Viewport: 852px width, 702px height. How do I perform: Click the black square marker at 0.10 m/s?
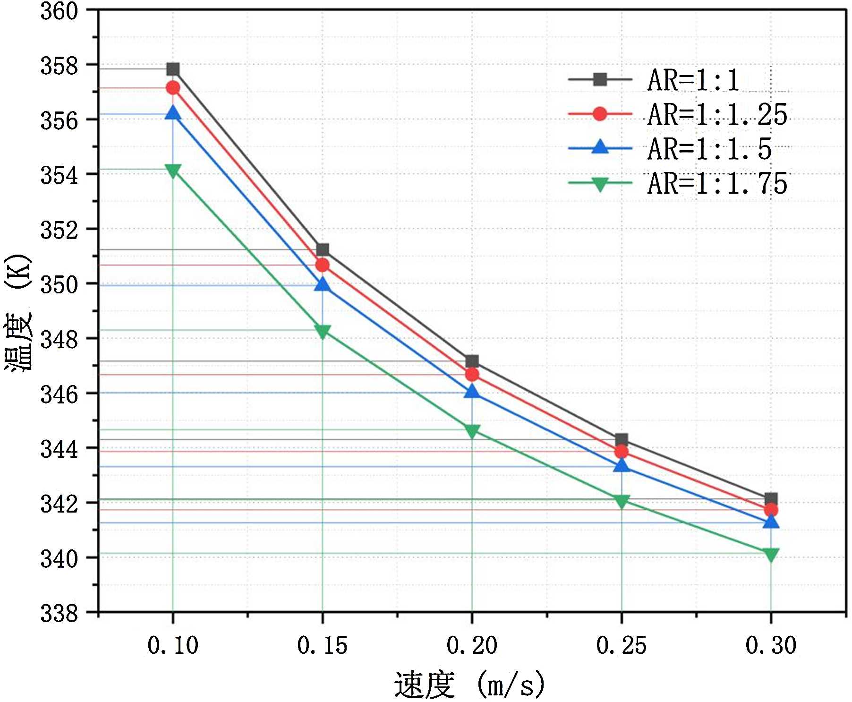click(173, 69)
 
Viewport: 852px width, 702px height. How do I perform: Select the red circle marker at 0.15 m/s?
click(323, 265)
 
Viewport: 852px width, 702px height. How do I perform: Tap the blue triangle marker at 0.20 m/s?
click(472, 392)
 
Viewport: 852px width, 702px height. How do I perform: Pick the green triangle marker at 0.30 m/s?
click(771, 555)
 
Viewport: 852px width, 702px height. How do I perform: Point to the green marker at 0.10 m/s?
click(173, 171)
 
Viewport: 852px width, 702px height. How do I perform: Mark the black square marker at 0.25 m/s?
click(622, 440)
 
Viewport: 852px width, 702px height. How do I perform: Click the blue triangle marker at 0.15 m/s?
click(323, 284)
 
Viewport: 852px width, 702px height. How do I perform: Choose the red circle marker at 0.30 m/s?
click(771, 510)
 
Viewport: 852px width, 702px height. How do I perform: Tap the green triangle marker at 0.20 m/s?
click(472, 431)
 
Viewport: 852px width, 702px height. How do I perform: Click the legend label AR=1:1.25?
click(717, 115)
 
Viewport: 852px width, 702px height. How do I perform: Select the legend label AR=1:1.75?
click(717, 184)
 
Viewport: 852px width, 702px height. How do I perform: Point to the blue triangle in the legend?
click(600, 147)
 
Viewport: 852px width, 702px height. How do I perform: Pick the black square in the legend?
click(600, 79)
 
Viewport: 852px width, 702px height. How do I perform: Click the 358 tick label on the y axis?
click(59, 66)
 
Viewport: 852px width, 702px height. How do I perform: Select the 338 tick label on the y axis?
click(59, 614)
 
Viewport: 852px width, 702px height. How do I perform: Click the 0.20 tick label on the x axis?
click(472, 645)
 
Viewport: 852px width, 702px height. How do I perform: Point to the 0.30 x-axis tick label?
click(771, 645)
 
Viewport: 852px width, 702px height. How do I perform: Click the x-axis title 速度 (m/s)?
click(469, 685)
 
